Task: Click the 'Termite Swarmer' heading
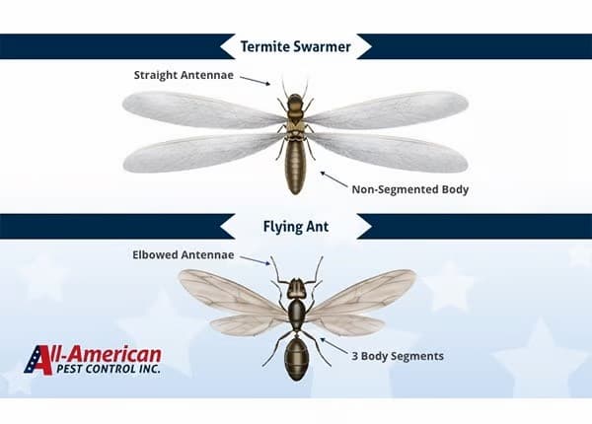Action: (x=295, y=45)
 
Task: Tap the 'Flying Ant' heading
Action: (x=295, y=226)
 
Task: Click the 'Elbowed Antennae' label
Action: (x=183, y=254)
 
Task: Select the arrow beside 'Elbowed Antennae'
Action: (x=255, y=260)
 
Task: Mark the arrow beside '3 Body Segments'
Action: (x=336, y=346)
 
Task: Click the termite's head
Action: (x=294, y=102)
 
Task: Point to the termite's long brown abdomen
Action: (x=295, y=166)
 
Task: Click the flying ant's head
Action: (x=295, y=288)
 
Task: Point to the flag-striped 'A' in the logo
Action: (x=39, y=360)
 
